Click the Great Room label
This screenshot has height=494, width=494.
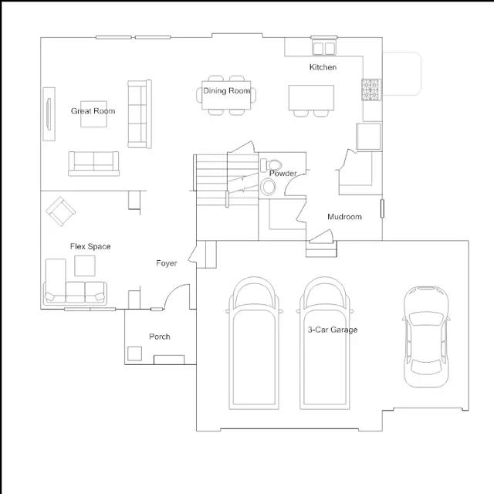pyautogui.click(x=93, y=111)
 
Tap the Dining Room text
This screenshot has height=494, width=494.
pyautogui.click(x=226, y=91)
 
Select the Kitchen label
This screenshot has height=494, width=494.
pyautogui.click(x=323, y=67)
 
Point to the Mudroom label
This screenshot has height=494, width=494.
pyautogui.click(x=344, y=217)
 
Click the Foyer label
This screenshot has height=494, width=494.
pyautogui.click(x=167, y=263)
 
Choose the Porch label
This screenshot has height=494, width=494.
pyautogui.click(x=160, y=337)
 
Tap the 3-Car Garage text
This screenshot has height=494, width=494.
pyautogui.click(x=333, y=330)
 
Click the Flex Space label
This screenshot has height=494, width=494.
pyautogui.click(x=90, y=246)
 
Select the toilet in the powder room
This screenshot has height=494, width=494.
pyautogui.click(x=271, y=165)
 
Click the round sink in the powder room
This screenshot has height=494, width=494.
pyautogui.click(x=268, y=187)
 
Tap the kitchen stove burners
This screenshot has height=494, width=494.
pyautogui.click(x=370, y=90)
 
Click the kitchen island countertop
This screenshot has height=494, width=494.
pyautogui.click(x=311, y=98)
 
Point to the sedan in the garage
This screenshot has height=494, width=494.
pyautogui.click(x=426, y=337)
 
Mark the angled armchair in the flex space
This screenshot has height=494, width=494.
pyautogui.click(x=60, y=211)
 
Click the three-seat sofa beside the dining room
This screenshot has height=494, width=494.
pyautogui.click(x=140, y=113)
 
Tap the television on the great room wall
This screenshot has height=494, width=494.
pyautogui.click(x=49, y=114)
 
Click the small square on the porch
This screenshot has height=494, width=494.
pyautogui.click(x=134, y=354)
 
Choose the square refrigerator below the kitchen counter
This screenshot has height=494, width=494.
pyautogui.click(x=368, y=137)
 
